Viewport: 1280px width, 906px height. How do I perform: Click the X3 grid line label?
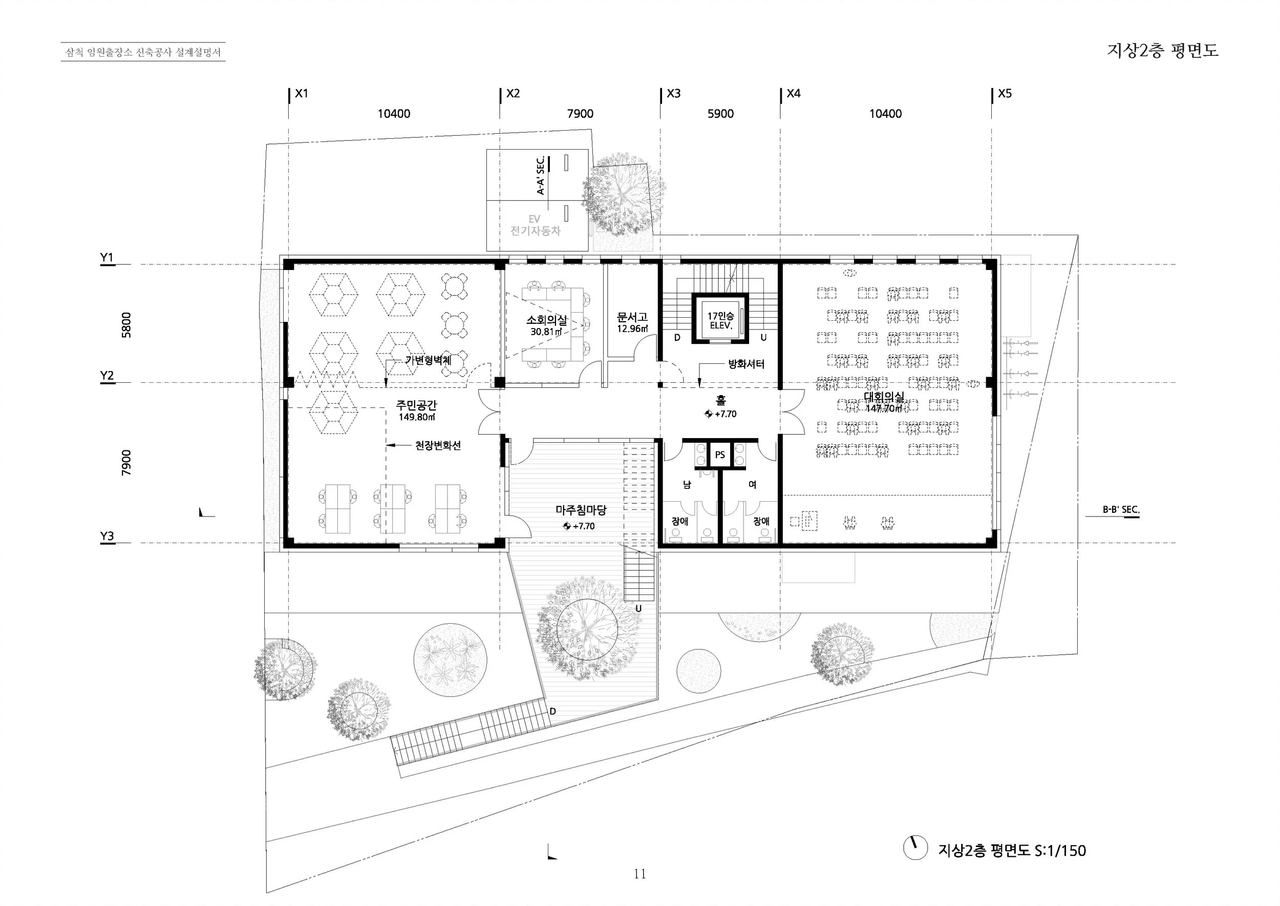(x=673, y=93)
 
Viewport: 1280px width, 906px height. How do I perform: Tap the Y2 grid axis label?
(x=107, y=376)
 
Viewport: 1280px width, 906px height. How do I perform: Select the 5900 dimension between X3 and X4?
(x=720, y=114)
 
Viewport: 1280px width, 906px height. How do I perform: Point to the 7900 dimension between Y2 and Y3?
(x=126, y=463)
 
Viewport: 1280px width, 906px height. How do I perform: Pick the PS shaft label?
(x=720, y=455)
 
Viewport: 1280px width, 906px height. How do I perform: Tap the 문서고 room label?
(x=632, y=317)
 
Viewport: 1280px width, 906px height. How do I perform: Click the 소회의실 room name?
(x=547, y=320)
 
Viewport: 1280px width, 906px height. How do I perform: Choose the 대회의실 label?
(x=884, y=397)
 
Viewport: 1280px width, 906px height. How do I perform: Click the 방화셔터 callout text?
(x=746, y=364)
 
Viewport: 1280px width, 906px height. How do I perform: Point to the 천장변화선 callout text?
(x=438, y=446)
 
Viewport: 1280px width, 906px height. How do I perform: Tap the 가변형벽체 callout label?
(x=428, y=360)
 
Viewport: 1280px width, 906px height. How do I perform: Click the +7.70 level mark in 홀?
(x=721, y=414)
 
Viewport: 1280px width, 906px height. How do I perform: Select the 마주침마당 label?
(x=581, y=510)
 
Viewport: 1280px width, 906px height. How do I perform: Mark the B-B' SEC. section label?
(x=1121, y=510)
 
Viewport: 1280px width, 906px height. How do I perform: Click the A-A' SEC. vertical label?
(x=540, y=175)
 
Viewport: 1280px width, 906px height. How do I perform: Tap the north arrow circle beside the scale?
(x=915, y=848)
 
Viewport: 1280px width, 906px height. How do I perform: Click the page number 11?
(x=639, y=874)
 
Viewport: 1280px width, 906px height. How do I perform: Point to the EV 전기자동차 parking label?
(x=535, y=225)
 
